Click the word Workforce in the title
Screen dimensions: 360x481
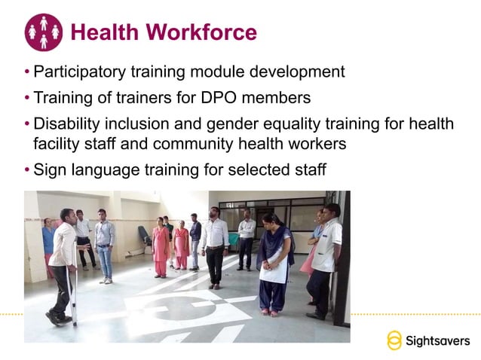pyautogui.click(x=201, y=32)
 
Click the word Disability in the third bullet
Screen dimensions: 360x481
pyautogui.click(x=68, y=123)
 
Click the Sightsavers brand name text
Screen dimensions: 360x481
pyautogui.click(x=438, y=340)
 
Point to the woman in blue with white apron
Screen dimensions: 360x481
pyautogui.click(x=273, y=260)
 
